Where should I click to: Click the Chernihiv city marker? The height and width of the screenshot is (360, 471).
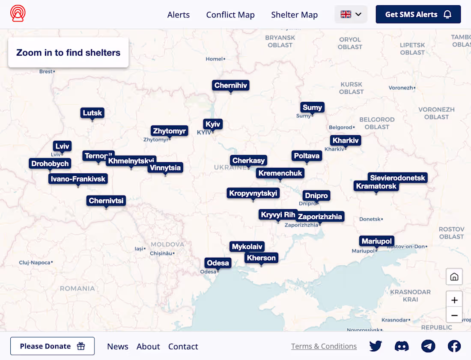(x=231, y=86)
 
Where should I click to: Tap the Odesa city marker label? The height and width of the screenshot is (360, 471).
(x=218, y=263)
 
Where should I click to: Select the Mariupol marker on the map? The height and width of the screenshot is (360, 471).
(x=376, y=241)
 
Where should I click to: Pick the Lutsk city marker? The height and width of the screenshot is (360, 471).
(x=92, y=113)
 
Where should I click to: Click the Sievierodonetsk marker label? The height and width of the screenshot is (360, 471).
(x=398, y=178)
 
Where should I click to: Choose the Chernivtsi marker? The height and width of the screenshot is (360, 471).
(x=106, y=200)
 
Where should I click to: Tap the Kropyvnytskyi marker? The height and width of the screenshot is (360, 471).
(x=253, y=193)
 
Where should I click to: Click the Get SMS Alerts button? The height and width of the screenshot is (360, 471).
(x=418, y=15)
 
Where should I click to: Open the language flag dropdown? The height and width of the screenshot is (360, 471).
(x=351, y=15)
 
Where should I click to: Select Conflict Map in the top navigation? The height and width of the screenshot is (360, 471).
(x=230, y=15)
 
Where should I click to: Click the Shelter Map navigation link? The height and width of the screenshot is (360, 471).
(x=294, y=15)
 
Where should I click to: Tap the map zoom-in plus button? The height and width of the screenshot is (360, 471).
(x=454, y=300)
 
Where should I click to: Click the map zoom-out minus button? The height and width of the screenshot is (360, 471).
(x=454, y=315)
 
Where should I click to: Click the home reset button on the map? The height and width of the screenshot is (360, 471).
(x=454, y=277)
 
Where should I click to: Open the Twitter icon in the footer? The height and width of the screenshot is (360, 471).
(x=376, y=346)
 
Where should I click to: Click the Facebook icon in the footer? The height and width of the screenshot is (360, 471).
(x=454, y=346)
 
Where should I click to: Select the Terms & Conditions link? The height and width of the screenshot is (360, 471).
(x=324, y=346)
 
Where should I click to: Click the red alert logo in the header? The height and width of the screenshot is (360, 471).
(x=18, y=14)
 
